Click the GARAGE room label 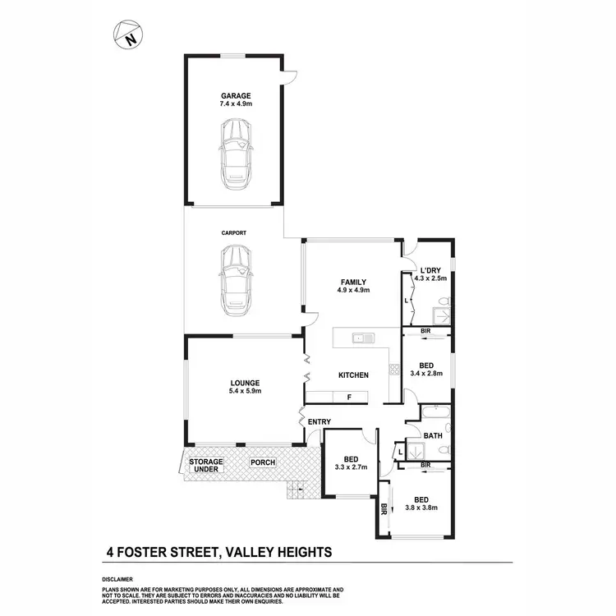coord(235,95)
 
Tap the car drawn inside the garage coord(235,151)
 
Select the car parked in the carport coord(235,278)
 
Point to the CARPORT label coord(234,233)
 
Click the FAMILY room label coord(354,282)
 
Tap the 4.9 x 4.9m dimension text coord(354,291)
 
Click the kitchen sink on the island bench coord(361,338)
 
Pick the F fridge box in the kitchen coord(349,398)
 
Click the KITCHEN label coord(353,375)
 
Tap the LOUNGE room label coord(245,383)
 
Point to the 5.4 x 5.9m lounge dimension coord(245,392)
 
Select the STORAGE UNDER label coord(205,466)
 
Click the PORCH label coord(263,462)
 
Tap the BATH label coord(433,435)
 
